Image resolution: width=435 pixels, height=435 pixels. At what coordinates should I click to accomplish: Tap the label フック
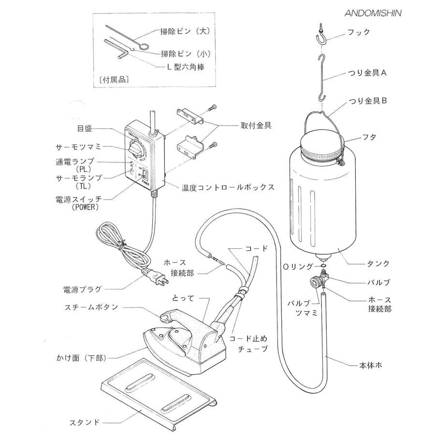tap(359, 32)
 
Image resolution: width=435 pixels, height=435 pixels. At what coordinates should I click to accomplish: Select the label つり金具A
tap(373, 73)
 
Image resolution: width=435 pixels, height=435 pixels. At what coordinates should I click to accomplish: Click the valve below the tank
tap(320, 280)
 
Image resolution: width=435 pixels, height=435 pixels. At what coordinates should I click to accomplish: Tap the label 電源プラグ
tap(83, 289)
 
